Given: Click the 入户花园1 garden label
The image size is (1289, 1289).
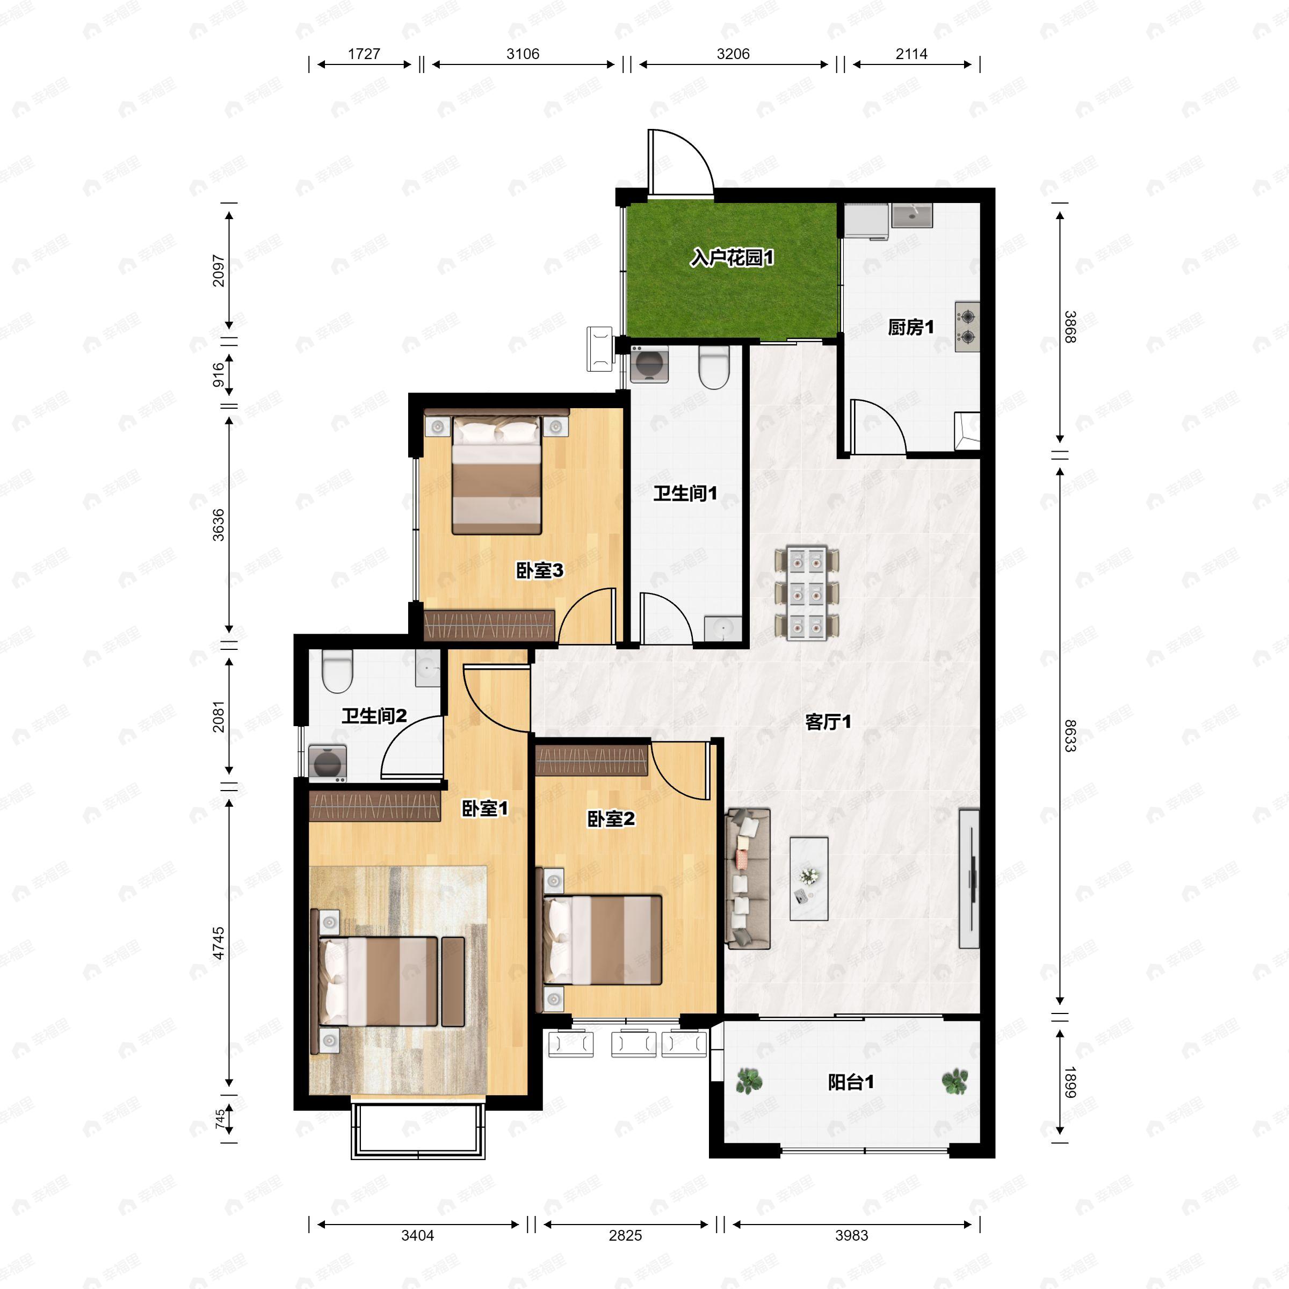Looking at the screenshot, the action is pyautogui.click(x=732, y=258).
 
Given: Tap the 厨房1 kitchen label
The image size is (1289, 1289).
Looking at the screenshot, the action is pyautogui.click(x=911, y=327).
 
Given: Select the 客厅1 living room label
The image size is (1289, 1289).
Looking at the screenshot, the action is pyautogui.click(x=828, y=722).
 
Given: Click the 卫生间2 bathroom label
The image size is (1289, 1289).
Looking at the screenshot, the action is pyautogui.click(x=374, y=716).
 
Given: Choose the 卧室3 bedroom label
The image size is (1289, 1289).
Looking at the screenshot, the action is pyautogui.click(x=540, y=570).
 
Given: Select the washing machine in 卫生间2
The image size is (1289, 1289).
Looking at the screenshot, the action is pyautogui.click(x=328, y=763).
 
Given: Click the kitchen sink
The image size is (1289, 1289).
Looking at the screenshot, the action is pyautogui.click(x=912, y=216).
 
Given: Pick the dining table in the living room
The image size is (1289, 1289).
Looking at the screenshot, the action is pyautogui.click(x=806, y=593).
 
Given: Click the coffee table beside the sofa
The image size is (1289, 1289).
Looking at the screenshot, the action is pyautogui.click(x=809, y=879).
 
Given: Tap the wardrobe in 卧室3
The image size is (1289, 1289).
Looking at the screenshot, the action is pyautogui.click(x=490, y=625).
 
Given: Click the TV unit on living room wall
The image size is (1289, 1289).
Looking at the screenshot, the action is pyautogui.click(x=969, y=878).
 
